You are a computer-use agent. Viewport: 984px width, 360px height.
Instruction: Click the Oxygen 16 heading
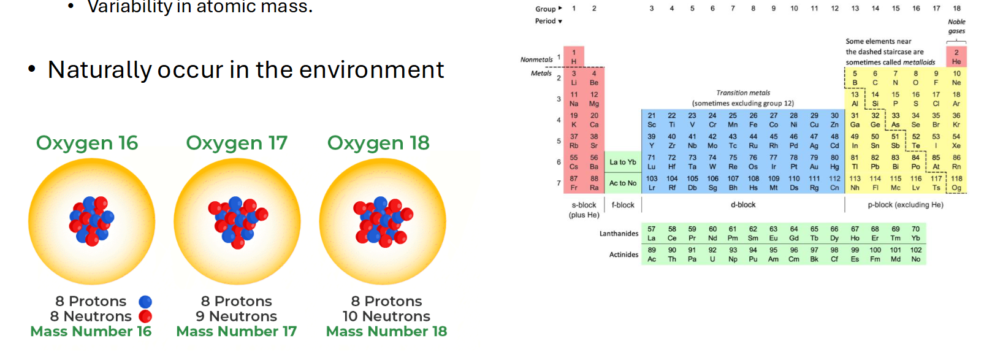tap(87, 143)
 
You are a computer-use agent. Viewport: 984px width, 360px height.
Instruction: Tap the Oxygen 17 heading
tap(237, 143)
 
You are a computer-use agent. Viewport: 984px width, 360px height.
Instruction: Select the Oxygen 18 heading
tap(378, 143)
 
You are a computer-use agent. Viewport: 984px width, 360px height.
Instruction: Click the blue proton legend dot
tap(145, 302)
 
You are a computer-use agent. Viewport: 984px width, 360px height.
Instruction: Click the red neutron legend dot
tap(145, 316)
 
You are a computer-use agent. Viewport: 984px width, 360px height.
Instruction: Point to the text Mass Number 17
tap(236, 332)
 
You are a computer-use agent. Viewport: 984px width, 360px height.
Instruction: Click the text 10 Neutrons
tap(386, 316)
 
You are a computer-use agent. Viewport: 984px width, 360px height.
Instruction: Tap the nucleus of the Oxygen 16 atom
tap(92, 221)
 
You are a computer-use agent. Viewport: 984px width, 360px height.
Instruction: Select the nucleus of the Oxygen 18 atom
tap(383, 221)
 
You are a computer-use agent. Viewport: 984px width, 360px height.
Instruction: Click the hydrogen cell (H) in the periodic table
tap(574, 57)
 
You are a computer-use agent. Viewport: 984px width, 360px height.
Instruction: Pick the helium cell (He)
tap(956, 57)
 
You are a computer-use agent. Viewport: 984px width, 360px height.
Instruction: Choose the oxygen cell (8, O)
tap(915, 78)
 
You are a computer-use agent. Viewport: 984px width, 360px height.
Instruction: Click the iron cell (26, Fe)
tap(753, 120)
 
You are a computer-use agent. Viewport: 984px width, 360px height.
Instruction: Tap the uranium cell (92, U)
tap(712, 255)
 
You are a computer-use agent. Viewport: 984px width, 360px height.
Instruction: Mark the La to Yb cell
tap(622, 162)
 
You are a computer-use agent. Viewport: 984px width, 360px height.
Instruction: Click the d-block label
tap(743, 205)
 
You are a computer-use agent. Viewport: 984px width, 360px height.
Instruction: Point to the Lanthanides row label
tap(619, 234)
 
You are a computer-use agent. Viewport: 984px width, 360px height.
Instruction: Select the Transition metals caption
tap(743, 93)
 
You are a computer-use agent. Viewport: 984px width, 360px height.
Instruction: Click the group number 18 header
tap(956, 9)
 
